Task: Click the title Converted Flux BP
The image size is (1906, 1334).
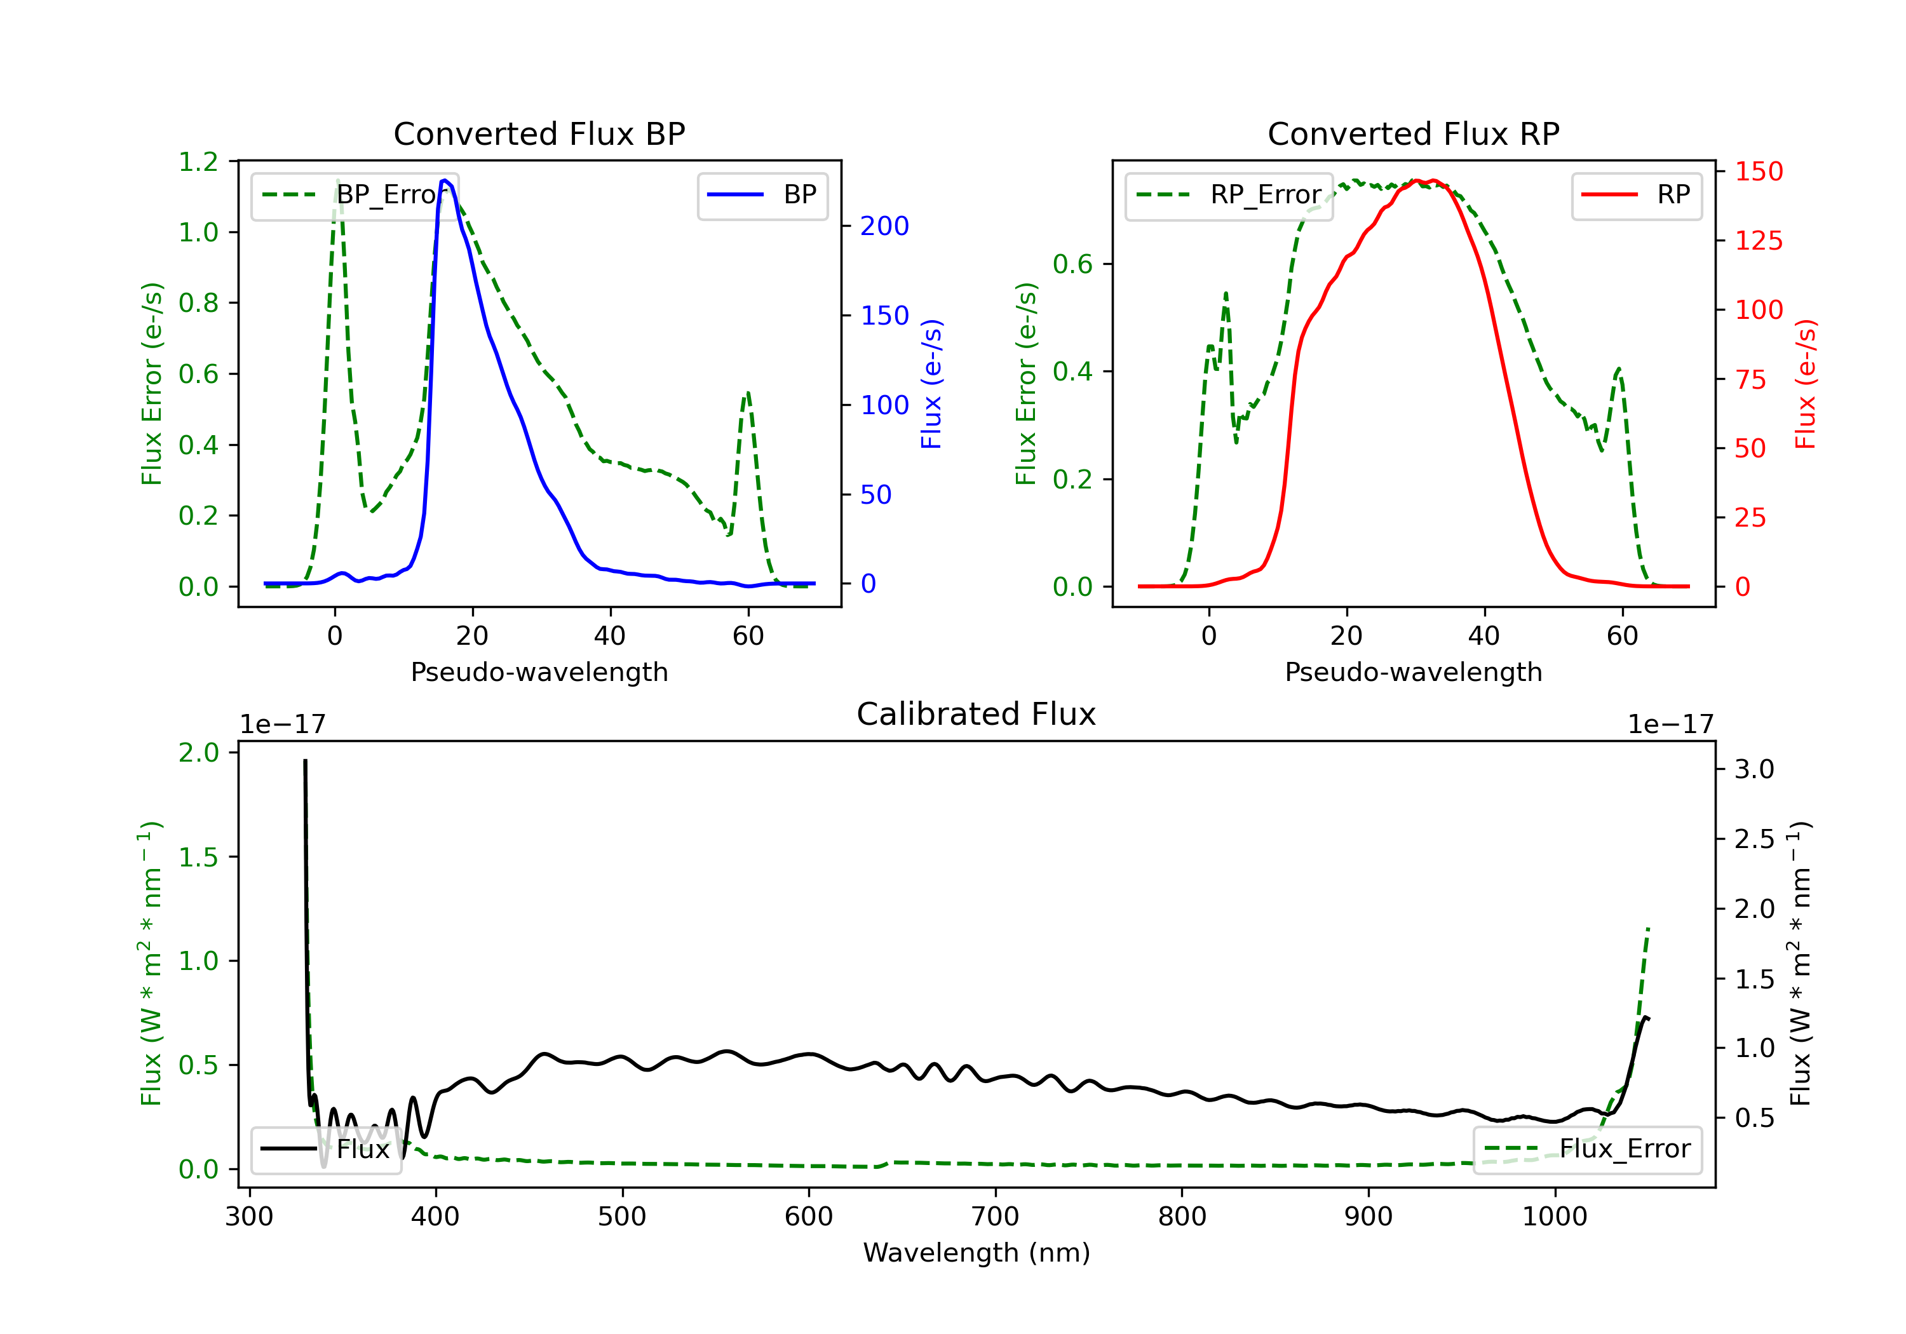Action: click(539, 133)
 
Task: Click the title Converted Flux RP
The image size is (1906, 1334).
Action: click(1413, 133)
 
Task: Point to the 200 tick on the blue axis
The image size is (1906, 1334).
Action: click(884, 226)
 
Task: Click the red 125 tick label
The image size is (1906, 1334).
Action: click(1758, 241)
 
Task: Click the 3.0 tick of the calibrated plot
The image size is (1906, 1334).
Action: click(1754, 769)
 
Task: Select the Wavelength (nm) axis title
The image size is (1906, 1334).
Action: click(977, 1253)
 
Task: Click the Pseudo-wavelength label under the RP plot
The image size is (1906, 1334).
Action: click(1413, 671)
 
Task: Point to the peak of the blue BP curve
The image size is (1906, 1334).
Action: click(446, 180)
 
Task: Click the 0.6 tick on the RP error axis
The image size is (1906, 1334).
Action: click(1072, 264)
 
